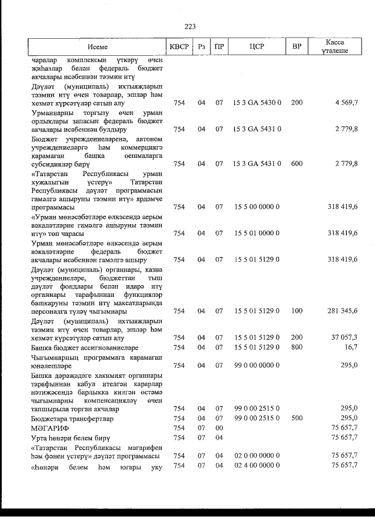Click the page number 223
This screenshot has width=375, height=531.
[189, 26]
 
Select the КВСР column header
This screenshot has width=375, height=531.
[179, 46]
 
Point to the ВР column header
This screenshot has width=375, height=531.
[296, 46]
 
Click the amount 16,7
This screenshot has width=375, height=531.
[351, 347]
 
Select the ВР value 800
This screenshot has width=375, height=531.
[296, 347]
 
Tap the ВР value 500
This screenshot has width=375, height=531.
[296, 419]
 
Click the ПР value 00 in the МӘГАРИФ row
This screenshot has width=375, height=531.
[219, 428]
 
